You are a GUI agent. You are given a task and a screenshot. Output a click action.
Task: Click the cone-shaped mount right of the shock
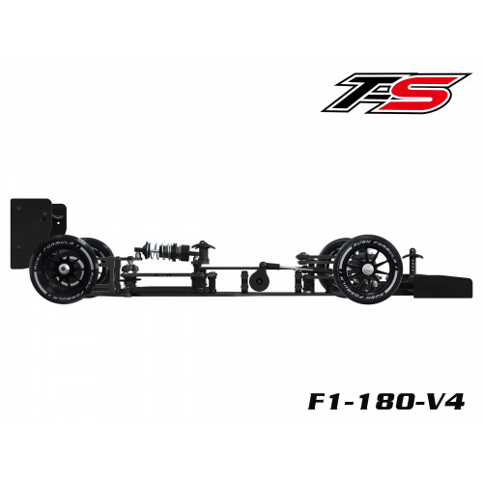[204, 252]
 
